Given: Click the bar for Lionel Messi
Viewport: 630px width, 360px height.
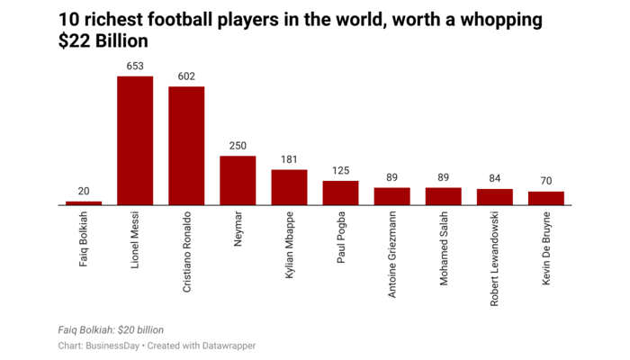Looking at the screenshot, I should [x=135, y=140].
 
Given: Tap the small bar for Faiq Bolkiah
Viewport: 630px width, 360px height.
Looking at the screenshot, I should [x=84, y=202].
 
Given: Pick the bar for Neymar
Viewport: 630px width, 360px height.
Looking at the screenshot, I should [x=238, y=180].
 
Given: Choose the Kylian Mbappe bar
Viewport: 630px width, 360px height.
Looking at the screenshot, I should [x=289, y=187].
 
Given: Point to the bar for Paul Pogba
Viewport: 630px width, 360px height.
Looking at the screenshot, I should [x=340, y=193].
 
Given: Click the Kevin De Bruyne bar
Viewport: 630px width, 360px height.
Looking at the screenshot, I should [x=545, y=198].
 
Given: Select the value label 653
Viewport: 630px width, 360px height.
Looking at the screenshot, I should [x=135, y=66].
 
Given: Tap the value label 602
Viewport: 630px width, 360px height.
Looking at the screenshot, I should [x=186, y=76].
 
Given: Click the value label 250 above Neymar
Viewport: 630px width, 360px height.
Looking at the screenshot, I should [x=238, y=146].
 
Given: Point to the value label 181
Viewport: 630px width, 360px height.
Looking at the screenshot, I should [x=289, y=159].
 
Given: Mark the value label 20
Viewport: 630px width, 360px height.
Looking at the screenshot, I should [x=84, y=191].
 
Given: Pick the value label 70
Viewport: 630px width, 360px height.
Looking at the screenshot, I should [x=545, y=181].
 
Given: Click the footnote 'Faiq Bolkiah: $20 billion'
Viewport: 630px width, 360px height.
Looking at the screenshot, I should [x=111, y=330].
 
